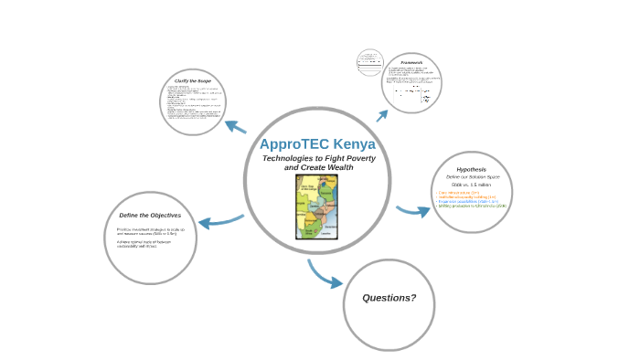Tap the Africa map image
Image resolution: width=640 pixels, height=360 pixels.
(317, 207)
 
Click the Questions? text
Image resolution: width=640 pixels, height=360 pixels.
(389, 298)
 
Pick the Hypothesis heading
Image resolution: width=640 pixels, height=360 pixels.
(472, 169)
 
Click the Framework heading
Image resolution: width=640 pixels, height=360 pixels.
(411, 62)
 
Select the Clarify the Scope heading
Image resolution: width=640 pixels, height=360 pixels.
(193, 80)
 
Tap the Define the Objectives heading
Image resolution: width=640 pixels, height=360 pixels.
(150, 216)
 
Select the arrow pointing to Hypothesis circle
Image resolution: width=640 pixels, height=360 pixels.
(413, 211)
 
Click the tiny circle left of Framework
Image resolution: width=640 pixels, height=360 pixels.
(369, 63)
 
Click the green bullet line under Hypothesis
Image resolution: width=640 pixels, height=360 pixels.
(472, 206)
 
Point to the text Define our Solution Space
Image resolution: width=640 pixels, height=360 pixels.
(473, 176)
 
